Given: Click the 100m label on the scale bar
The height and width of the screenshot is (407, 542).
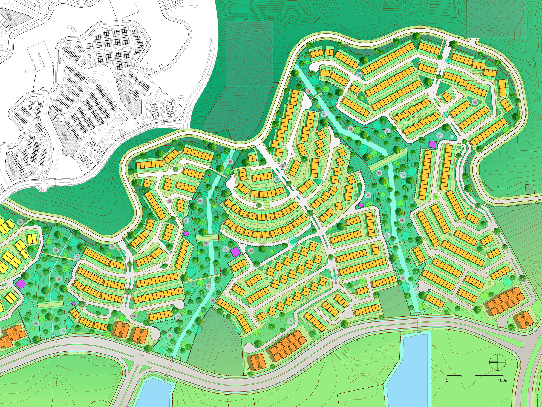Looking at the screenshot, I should (x=503, y=380).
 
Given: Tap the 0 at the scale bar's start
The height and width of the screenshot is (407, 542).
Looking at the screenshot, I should (x=447, y=380).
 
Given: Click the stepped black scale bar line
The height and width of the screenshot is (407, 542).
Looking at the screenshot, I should (x=475, y=376).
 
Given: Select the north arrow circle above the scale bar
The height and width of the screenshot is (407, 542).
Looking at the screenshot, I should (x=497, y=362).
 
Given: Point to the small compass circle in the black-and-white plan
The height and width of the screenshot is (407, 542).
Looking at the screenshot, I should (x=181, y=98).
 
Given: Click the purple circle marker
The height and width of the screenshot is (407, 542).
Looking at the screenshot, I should (x=361, y=205).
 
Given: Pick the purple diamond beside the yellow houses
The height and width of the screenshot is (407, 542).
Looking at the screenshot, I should (x=21, y=284).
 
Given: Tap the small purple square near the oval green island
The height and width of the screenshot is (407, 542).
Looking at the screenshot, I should (x=74, y=304).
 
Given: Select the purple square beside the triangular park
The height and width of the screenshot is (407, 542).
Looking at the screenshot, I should (x=235, y=252).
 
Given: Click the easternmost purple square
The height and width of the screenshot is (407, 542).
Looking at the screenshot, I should (x=433, y=144).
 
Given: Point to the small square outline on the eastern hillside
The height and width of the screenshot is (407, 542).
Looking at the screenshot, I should (x=530, y=189).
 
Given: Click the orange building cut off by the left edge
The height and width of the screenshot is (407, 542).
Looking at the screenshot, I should (x=11, y=336).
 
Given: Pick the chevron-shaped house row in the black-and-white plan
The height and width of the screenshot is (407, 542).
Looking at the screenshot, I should (x=139, y=42).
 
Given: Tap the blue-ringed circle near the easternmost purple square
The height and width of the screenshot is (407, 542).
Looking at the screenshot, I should (x=452, y=136).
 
